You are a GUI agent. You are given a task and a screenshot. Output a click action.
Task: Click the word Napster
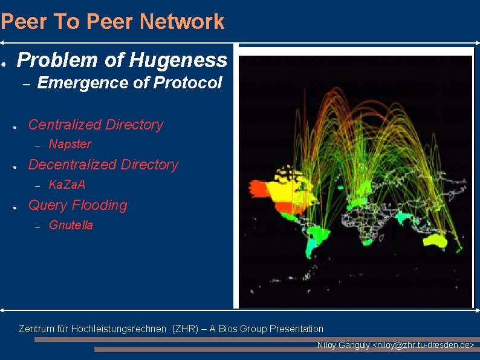[x=70, y=144]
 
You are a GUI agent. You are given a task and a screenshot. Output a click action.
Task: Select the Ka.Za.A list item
[x=66, y=185]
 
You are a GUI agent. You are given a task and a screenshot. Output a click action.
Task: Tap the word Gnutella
[x=71, y=226]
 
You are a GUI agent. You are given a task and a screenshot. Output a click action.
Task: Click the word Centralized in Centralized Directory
[x=65, y=125]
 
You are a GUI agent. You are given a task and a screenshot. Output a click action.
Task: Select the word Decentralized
[x=73, y=165]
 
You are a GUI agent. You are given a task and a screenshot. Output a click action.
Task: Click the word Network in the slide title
[x=182, y=22]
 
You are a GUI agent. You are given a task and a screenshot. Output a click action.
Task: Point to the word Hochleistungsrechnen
[x=118, y=329]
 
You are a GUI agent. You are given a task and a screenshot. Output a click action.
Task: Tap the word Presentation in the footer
[x=296, y=329]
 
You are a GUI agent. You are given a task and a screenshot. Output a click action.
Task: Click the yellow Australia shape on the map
[x=436, y=241]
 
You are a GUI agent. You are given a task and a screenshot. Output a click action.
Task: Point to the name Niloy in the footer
[x=327, y=345]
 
